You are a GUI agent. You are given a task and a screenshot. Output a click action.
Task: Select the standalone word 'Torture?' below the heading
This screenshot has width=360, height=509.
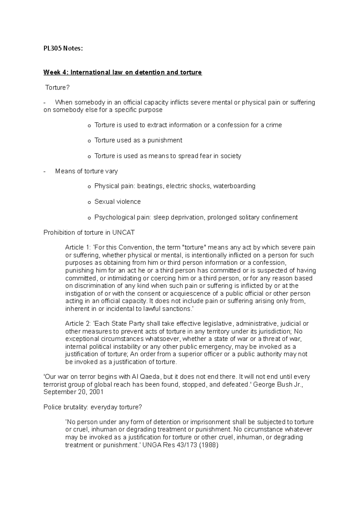(x=57, y=88)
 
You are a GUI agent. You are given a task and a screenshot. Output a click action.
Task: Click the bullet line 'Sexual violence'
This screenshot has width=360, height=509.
(x=117, y=202)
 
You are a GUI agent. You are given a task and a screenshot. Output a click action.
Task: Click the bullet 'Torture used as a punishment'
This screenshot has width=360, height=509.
(x=138, y=140)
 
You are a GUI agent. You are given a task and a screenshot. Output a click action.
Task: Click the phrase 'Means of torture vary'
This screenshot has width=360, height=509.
(x=86, y=171)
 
